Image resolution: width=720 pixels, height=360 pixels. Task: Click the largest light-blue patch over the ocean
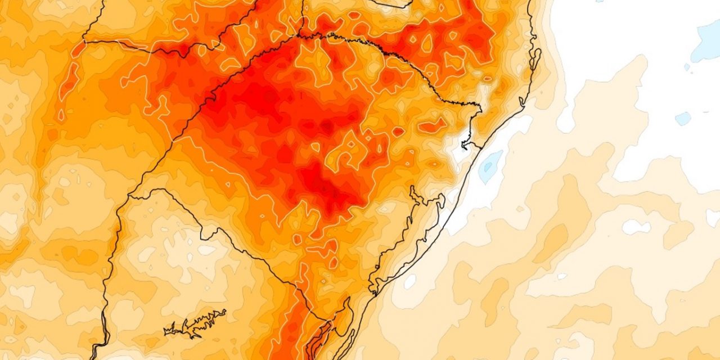[x=706, y=42]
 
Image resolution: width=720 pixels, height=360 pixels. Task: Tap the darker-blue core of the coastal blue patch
[x=490, y=165]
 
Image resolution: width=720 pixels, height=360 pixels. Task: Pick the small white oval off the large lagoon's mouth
[x=410, y=281]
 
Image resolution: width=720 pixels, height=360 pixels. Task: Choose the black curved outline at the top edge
[x=394, y=4]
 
